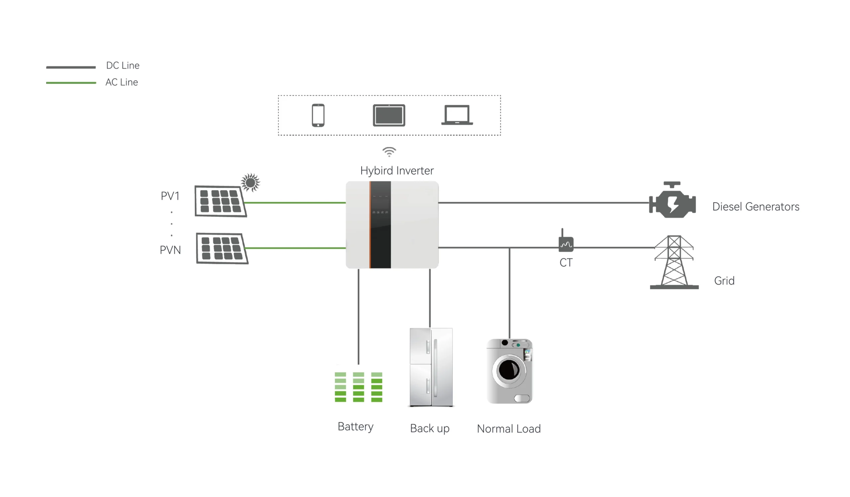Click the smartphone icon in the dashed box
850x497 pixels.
coord(318,115)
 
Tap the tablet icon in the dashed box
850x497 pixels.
coord(389,115)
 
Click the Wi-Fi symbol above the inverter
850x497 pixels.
coord(389,152)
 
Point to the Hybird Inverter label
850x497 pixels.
coord(397,171)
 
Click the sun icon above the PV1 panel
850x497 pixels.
coord(250,182)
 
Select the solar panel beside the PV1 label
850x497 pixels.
coord(220,201)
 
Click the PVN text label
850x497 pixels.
coord(170,250)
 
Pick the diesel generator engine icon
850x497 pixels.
coord(672,201)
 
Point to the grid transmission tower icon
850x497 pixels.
coord(674,262)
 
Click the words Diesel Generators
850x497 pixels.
coord(756,207)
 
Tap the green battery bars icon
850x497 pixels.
coord(358,387)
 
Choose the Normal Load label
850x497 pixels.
coord(509,429)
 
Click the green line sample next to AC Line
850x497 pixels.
coord(71,83)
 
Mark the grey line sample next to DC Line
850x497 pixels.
coord(71,67)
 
